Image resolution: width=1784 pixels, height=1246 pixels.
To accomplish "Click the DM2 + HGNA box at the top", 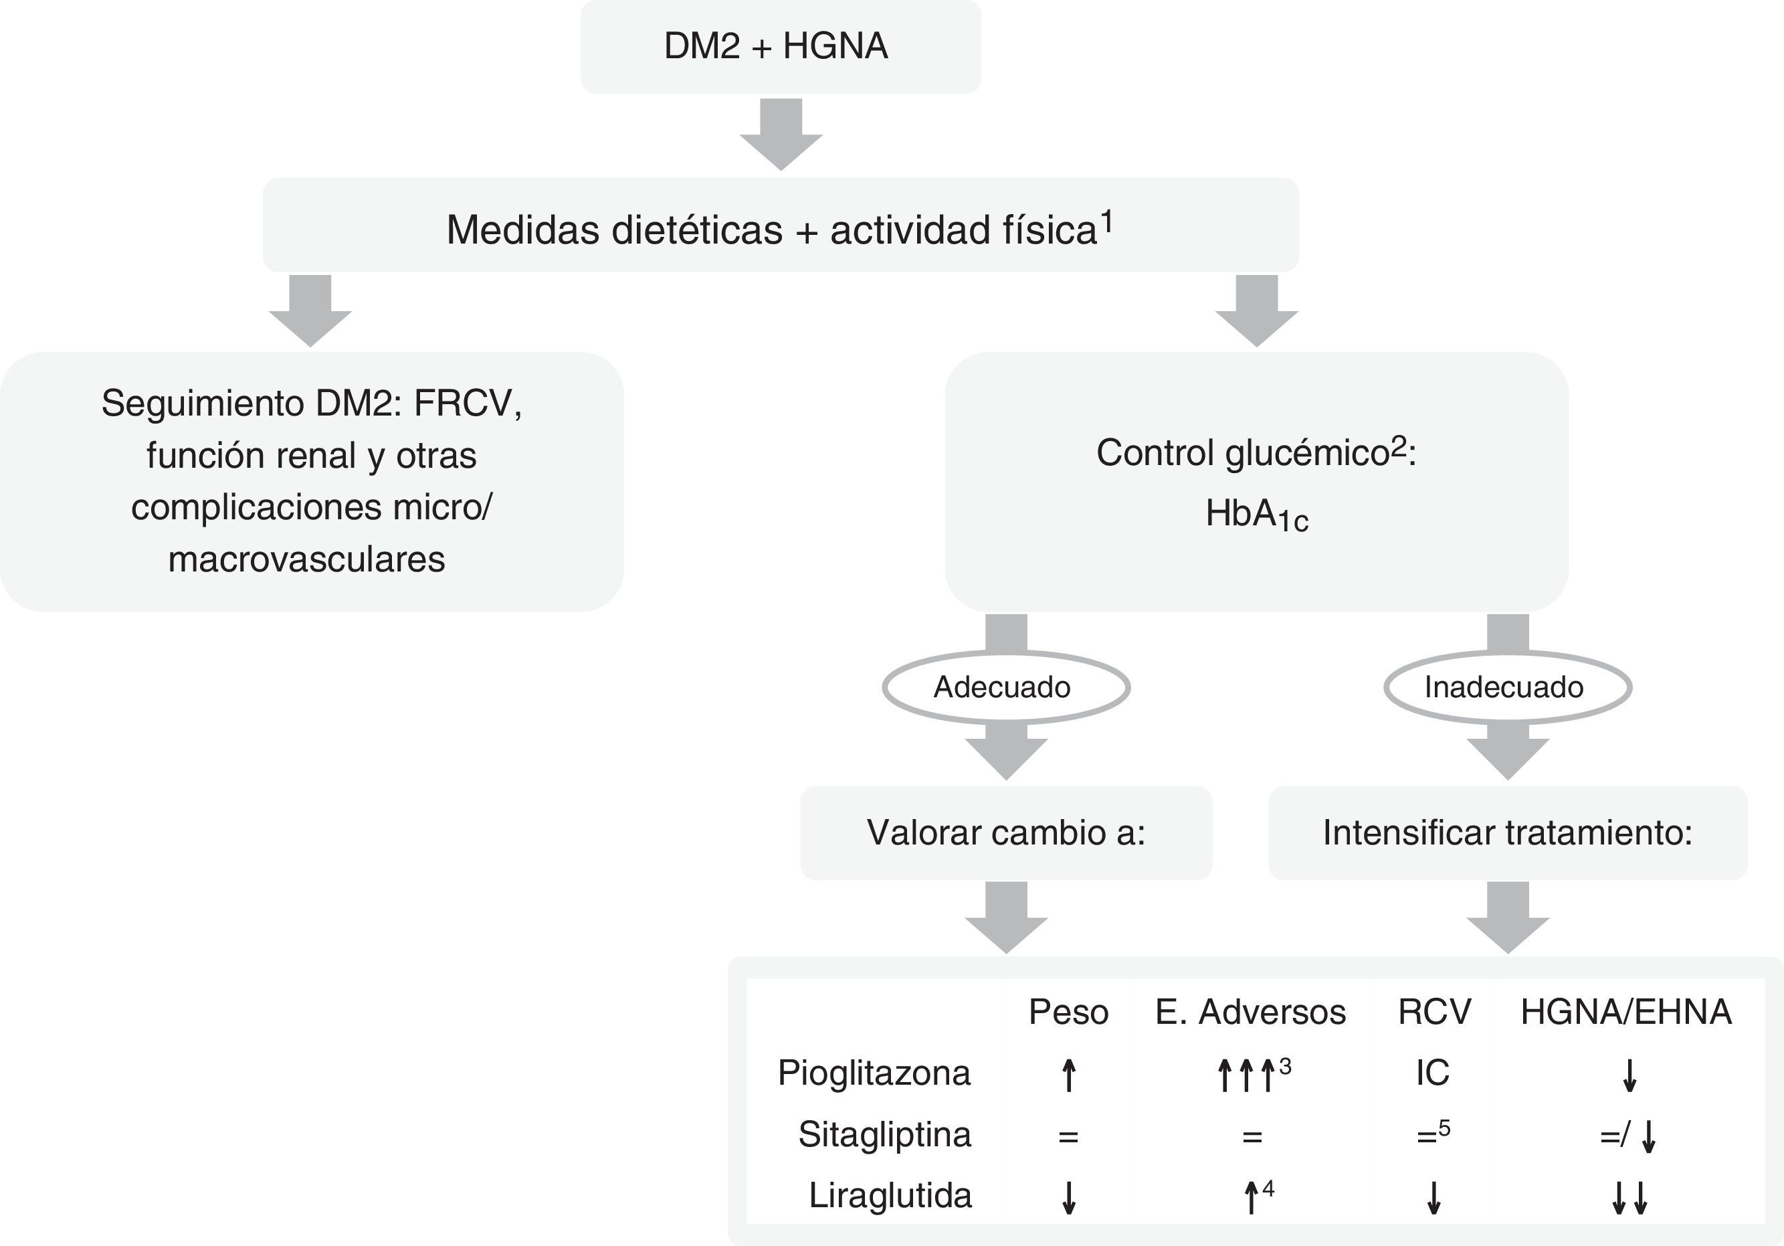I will (x=780, y=47).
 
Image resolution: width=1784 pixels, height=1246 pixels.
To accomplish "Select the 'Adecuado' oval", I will (x=1005, y=687).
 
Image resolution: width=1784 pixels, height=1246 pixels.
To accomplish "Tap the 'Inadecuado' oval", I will (x=1506, y=687).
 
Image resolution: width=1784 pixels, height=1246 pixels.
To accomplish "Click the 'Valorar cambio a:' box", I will (x=1005, y=832).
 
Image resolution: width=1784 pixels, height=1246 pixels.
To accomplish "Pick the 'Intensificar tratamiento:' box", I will (x=1507, y=832).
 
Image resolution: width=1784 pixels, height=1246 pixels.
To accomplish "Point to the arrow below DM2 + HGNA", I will (x=781, y=134).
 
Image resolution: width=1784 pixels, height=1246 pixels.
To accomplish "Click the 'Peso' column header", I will (x=1068, y=1012).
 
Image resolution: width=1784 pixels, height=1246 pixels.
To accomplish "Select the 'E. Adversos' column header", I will (x=1250, y=1012).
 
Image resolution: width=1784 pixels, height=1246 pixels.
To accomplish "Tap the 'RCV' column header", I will (x=1434, y=1012).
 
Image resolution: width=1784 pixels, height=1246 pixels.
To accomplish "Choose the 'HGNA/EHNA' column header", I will (x=1626, y=1012).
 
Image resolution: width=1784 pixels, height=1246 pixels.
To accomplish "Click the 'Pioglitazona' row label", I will (x=874, y=1073).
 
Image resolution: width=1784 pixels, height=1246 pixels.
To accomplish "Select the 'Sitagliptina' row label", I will (x=884, y=1135).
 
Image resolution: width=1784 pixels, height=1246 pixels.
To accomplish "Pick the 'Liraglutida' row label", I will (x=890, y=1195).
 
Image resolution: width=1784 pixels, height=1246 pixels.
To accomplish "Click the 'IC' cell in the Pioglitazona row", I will (x=1433, y=1073).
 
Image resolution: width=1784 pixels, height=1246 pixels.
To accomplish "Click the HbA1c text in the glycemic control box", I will (x=1256, y=515).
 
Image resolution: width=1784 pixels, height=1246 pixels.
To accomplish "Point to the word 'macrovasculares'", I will (x=306, y=559).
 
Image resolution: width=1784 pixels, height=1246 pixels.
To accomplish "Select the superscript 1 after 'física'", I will (x=1106, y=222).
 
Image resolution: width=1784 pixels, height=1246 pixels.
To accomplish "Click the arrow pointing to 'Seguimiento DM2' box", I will (x=310, y=310).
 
